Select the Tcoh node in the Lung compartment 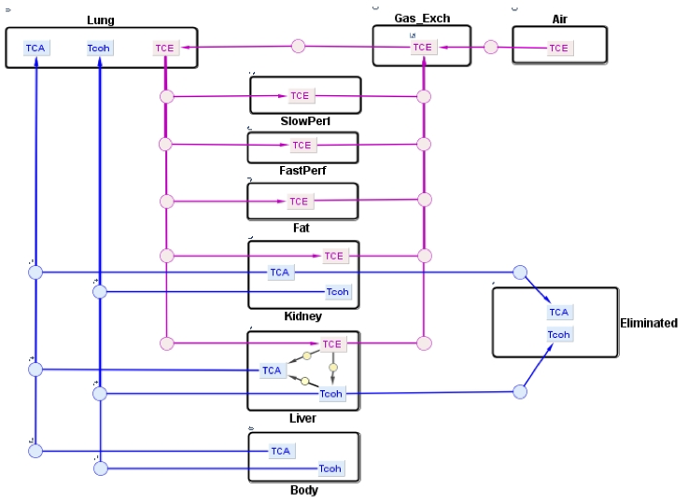[x=99, y=49]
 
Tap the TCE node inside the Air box [x=558, y=48]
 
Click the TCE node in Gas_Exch [x=423, y=47]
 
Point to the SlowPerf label [x=305, y=121]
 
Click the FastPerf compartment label [x=303, y=172]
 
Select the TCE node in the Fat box [x=299, y=202]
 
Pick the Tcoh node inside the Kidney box [x=337, y=292]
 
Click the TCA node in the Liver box [x=272, y=370]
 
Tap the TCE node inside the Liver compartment [x=332, y=344]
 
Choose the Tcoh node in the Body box [x=330, y=468]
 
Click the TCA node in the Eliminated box [x=559, y=313]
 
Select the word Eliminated [x=649, y=323]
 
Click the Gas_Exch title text [x=422, y=18]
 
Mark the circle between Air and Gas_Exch [x=491, y=47]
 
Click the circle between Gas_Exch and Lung [x=299, y=46]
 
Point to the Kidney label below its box [x=302, y=316]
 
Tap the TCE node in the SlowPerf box [x=299, y=95]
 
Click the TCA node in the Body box [x=281, y=451]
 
